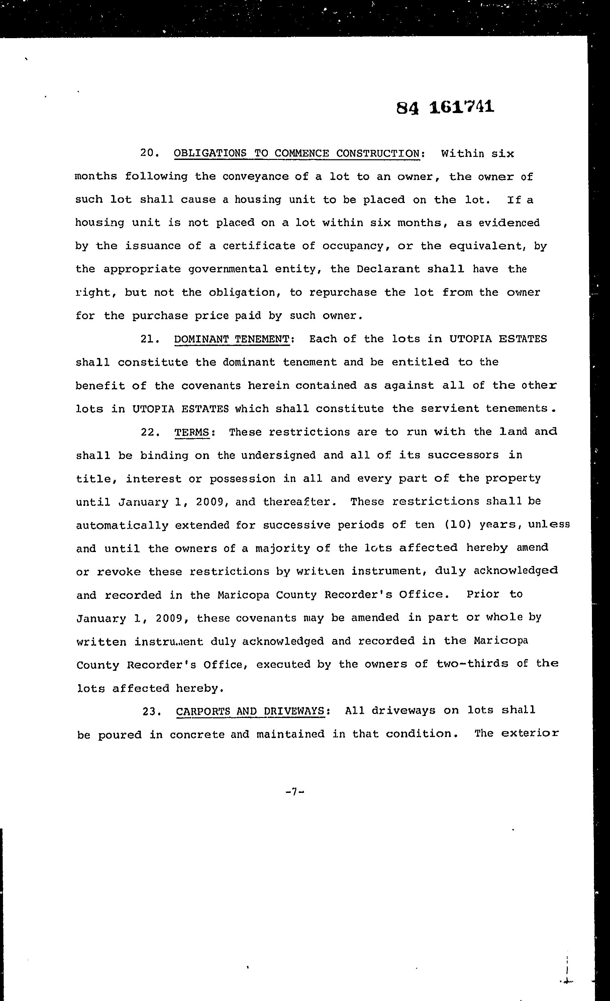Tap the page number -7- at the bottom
click(x=295, y=791)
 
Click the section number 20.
click(x=148, y=153)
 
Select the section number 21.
click(x=148, y=339)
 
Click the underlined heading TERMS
click(x=192, y=432)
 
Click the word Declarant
click(x=388, y=269)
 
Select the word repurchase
click(x=343, y=292)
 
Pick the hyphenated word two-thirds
click(x=472, y=664)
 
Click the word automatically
click(x=122, y=525)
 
